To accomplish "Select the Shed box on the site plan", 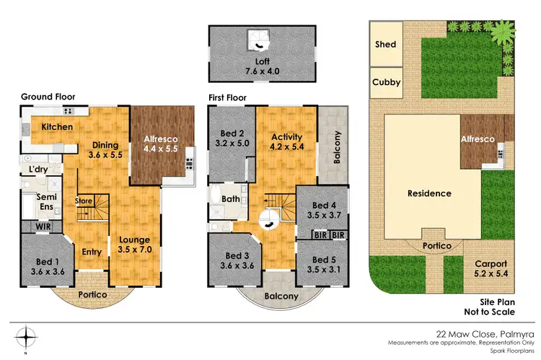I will click(386, 44).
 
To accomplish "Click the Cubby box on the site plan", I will click(386, 82).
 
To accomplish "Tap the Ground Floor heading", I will click(48, 97).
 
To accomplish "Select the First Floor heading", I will click(227, 97).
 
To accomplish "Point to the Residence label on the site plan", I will click(429, 193).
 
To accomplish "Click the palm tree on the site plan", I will click(500, 31).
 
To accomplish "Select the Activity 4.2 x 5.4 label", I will click(286, 142).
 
